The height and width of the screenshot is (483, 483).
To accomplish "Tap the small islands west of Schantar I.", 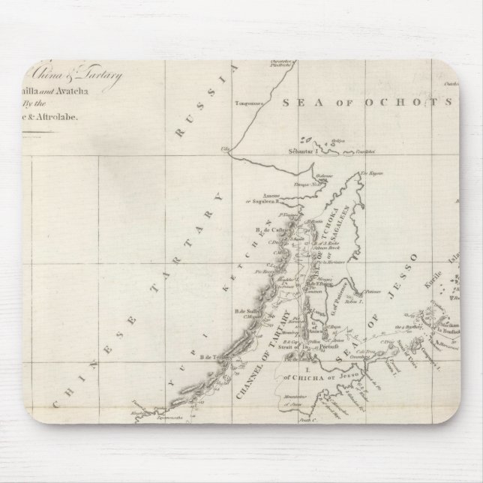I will click(304, 139).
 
